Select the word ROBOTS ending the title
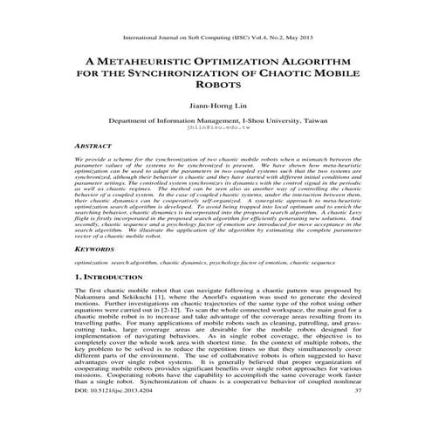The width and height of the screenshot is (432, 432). pos(216,87)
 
